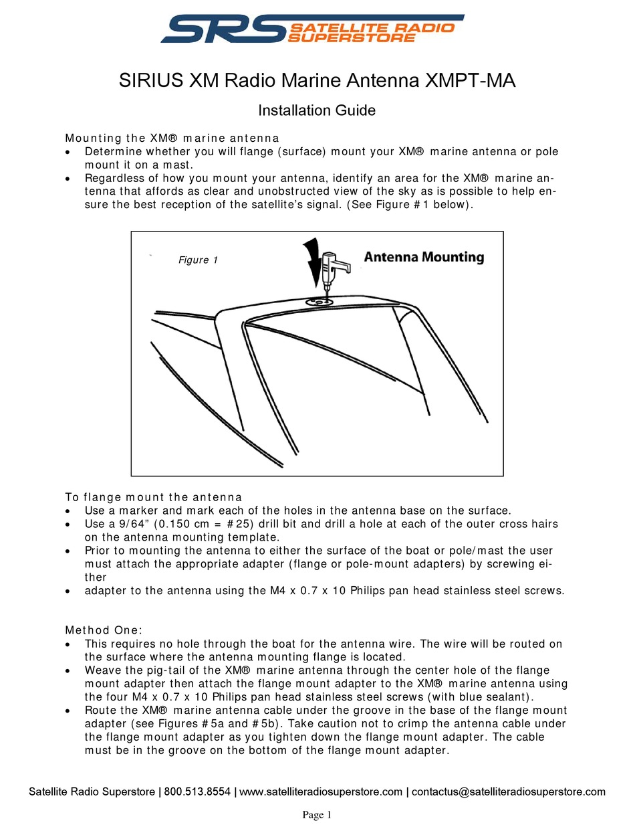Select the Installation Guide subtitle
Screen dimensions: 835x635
[x=317, y=110]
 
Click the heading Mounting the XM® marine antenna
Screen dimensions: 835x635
[x=172, y=138]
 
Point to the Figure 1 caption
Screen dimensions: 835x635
[x=198, y=260]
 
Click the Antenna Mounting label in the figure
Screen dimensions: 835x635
[x=424, y=257]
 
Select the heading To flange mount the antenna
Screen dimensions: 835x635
[x=153, y=497]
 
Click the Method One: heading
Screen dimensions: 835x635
[x=104, y=630]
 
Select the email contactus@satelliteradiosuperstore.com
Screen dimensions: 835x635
[x=508, y=792]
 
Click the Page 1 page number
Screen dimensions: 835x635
[x=317, y=815]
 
